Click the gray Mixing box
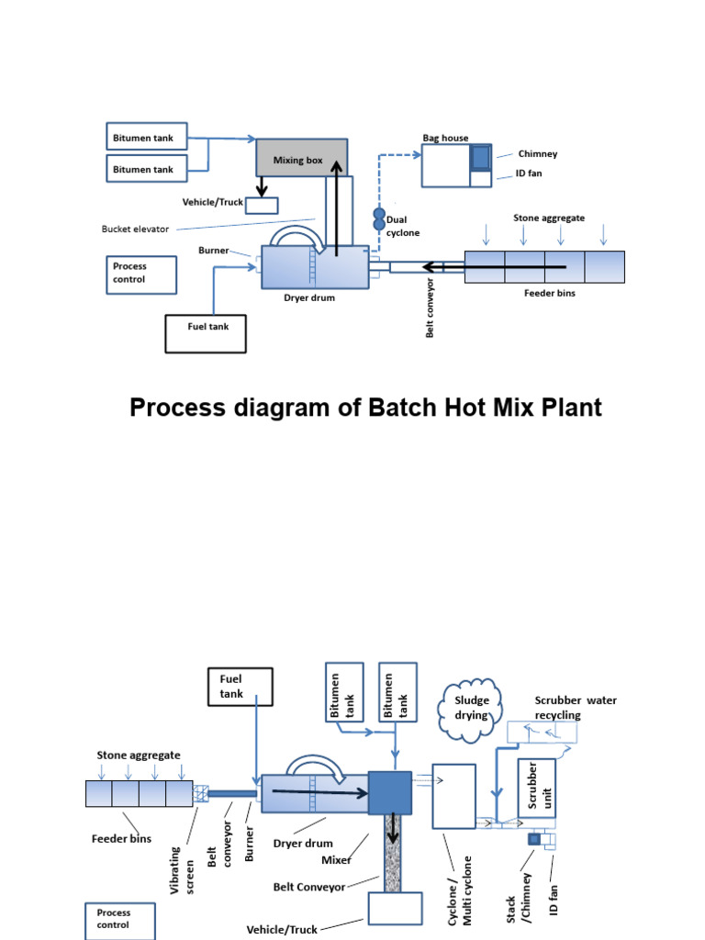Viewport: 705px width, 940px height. (x=301, y=158)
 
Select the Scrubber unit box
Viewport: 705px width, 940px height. (x=535, y=789)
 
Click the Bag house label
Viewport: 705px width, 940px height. (x=445, y=138)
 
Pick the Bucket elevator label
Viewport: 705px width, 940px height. (x=135, y=229)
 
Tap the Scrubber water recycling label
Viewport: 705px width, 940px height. (x=576, y=707)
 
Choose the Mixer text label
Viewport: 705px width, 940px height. (x=336, y=860)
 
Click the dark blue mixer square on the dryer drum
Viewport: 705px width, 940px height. (x=391, y=792)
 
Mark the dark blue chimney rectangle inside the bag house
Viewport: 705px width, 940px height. (x=481, y=158)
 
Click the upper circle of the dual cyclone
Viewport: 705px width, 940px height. (x=378, y=213)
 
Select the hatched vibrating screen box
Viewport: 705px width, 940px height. (x=202, y=793)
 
